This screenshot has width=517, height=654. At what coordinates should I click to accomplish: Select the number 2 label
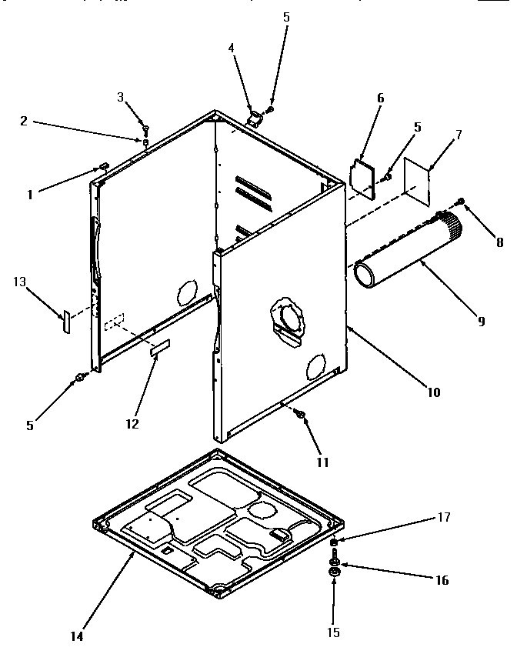coord(24,121)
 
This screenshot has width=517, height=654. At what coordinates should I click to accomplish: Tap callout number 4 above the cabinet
coord(231,48)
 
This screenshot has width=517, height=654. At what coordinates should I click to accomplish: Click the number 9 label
coord(482,322)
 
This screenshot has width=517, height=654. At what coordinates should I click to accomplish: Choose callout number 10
coord(433,392)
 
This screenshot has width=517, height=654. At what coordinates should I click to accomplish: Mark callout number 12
coord(132,423)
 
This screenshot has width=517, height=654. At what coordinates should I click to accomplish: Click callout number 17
coord(444,517)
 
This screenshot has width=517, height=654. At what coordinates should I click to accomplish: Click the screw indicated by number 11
coord(301,415)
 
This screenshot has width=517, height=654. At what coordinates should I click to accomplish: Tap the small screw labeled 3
coord(145,127)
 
